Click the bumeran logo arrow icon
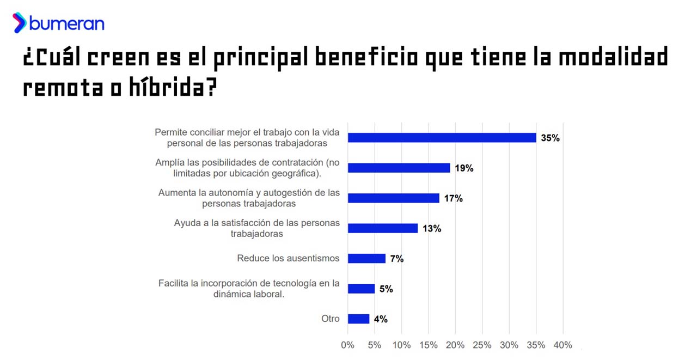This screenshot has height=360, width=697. pyautogui.click(x=20, y=23)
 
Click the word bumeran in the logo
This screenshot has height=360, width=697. pyautogui.click(x=66, y=23)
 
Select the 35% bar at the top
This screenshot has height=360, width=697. pyautogui.click(x=442, y=138)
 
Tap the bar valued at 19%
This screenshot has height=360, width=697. pyautogui.click(x=399, y=168)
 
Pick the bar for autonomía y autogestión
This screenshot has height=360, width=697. pyautogui.click(x=393, y=198)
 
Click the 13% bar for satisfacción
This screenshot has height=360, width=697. pyautogui.click(x=382, y=228)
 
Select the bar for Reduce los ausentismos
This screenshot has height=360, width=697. pyautogui.click(x=366, y=258)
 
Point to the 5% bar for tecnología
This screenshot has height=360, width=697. pyautogui.click(x=361, y=289)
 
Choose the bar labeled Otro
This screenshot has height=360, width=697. pyautogui.click(x=358, y=319)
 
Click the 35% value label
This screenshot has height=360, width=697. pyautogui.click(x=550, y=138)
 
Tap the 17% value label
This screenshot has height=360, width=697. pyautogui.click(x=453, y=198)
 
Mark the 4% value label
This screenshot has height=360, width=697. pyautogui.click(x=380, y=319)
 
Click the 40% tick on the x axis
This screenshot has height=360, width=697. pyautogui.click(x=563, y=345)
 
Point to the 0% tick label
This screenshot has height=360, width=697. pyautogui.click(x=347, y=345)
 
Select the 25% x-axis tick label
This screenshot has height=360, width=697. pyautogui.click(x=482, y=345)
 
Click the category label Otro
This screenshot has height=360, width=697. pyautogui.click(x=331, y=319)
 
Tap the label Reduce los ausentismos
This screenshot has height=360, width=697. pyautogui.click(x=288, y=258)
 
